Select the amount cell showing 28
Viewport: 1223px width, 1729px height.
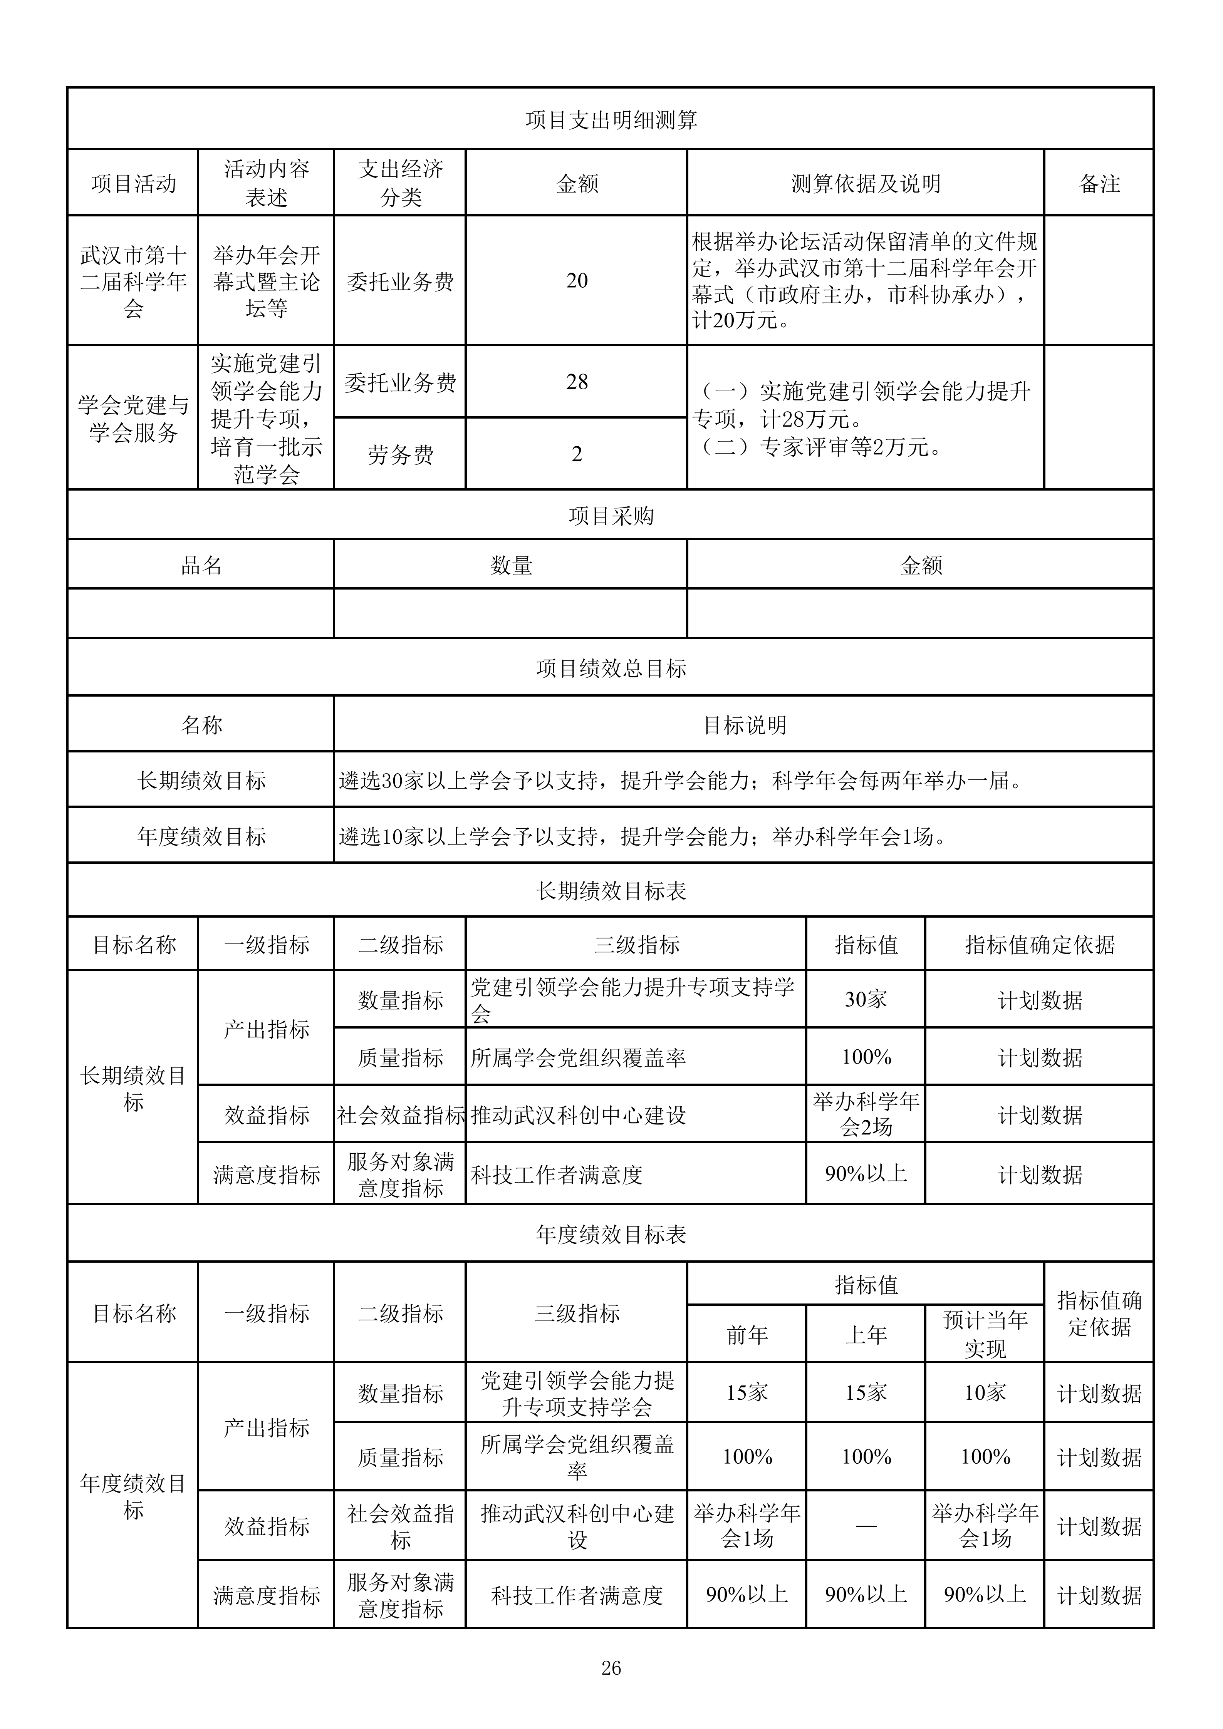[577, 382]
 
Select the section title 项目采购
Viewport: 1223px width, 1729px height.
[611, 516]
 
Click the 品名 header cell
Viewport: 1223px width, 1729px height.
[201, 566]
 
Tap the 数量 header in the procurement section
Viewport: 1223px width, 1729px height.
[511, 566]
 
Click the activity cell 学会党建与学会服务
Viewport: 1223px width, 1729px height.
[133, 419]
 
